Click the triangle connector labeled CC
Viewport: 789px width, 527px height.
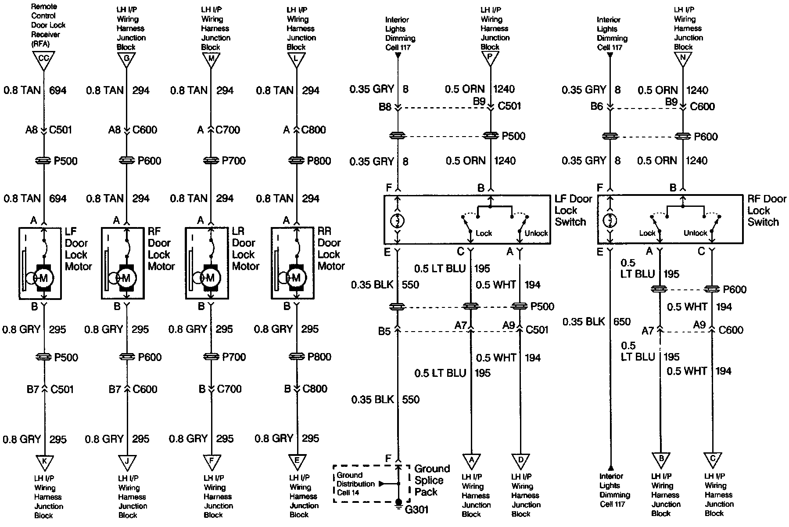click(44, 59)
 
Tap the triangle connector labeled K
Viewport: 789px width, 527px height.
click(44, 462)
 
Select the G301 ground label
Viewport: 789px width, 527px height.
click(416, 510)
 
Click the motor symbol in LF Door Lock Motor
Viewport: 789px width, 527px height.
click(43, 278)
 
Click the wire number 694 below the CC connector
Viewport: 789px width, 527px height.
click(57, 90)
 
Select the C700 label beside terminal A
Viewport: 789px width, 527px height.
click(228, 130)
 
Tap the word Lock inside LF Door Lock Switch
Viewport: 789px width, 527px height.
click(484, 233)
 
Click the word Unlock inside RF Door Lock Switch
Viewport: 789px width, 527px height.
click(695, 233)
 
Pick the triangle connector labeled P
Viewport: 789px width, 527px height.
click(490, 59)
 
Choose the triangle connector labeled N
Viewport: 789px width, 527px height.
click(682, 58)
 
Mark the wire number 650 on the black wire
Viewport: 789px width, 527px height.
click(621, 322)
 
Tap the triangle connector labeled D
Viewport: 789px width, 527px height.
click(520, 461)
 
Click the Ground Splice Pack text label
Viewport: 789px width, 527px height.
click(432, 480)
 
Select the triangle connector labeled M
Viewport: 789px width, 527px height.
click(211, 59)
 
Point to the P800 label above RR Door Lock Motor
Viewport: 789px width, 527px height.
click(319, 161)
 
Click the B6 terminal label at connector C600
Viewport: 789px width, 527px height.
click(596, 106)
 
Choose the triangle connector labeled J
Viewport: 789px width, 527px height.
click(127, 462)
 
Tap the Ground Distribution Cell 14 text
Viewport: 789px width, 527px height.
click(355, 484)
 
